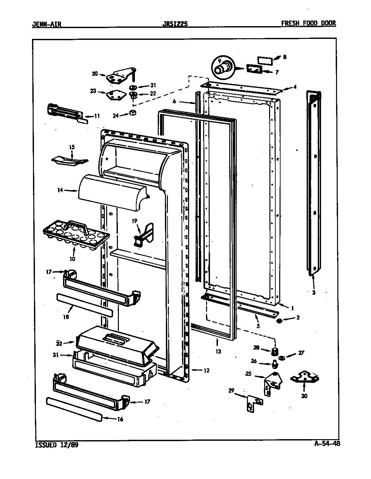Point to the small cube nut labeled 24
133,113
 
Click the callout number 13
218,352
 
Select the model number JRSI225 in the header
175,24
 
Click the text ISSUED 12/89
56,445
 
